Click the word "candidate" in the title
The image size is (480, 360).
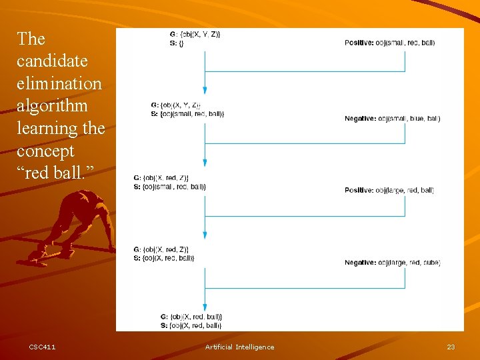tap(52, 61)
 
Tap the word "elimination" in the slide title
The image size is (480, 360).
tap(59, 84)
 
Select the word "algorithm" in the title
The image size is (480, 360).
tap(52, 106)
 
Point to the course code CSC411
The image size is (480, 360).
tap(43, 347)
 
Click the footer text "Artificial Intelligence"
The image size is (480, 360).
tap(239, 347)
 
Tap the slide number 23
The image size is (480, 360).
tap(451, 347)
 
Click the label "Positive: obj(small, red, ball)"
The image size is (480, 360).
tap(389, 43)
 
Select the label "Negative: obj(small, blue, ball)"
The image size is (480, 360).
tap(392, 119)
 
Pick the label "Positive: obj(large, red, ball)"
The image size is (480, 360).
tap(389, 191)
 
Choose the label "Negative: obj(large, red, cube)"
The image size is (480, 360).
tap(392, 263)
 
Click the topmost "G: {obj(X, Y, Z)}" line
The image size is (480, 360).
tap(195, 34)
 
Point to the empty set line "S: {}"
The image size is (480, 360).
tap(177, 43)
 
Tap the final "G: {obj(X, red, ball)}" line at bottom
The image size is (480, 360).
tap(191, 316)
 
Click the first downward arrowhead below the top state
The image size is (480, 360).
tap(205, 90)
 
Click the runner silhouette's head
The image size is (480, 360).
tap(85, 198)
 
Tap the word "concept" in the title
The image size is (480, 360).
tap(45, 151)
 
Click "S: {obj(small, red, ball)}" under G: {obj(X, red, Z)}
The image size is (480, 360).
tap(169, 187)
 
